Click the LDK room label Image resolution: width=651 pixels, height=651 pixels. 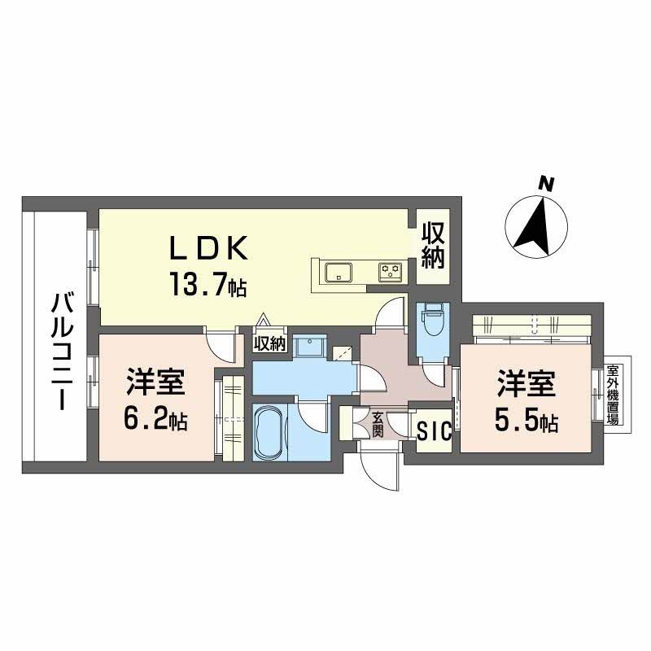[207, 247]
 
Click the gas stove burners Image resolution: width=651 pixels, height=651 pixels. [391, 271]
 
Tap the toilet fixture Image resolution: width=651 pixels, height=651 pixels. [431, 323]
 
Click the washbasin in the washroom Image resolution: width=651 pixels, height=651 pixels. [309, 347]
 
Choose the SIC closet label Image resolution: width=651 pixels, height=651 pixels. [433, 432]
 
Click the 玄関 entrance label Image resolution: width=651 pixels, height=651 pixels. [378, 423]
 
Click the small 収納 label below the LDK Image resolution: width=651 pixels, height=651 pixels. [270, 343]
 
